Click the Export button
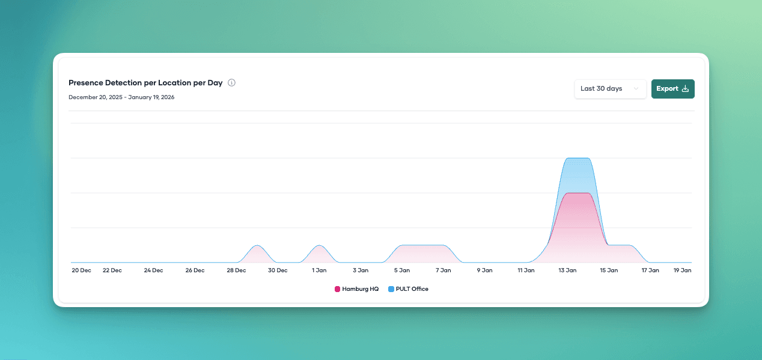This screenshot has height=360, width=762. [x=672, y=89]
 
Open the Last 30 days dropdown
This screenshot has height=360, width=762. [x=610, y=89]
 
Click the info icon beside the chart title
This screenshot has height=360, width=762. [x=231, y=83]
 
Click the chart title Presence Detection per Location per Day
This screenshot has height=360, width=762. [x=145, y=83]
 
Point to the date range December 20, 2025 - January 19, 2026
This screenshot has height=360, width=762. [x=121, y=97]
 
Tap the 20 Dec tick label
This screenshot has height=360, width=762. [x=81, y=270]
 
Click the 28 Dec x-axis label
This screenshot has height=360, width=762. [x=236, y=270]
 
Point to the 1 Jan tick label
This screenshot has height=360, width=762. [x=319, y=270]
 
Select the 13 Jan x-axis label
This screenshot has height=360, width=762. [x=567, y=270]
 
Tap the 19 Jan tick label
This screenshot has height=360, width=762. [x=682, y=270]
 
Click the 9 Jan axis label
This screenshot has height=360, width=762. [x=484, y=270]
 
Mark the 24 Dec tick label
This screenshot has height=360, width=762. [x=153, y=270]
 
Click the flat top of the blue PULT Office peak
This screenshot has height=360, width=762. [x=578, y=159]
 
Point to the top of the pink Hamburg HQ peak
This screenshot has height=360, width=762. [x=578, y=194]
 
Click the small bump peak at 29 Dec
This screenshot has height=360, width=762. [x=257, y=246]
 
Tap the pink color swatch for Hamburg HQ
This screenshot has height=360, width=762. [x=337, y=289]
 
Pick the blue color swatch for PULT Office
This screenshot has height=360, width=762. [x=391, y=289]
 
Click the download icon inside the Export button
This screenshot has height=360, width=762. [x=685, y=89]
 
